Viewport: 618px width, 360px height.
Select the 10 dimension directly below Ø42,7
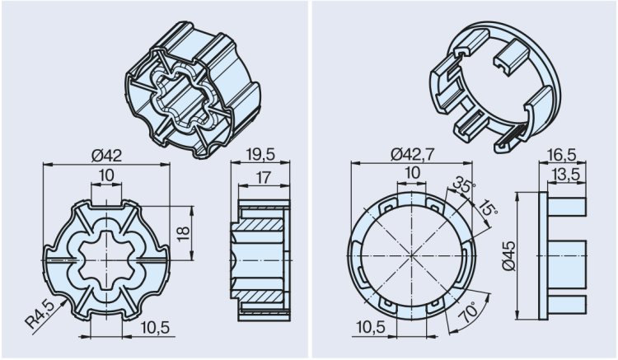coord(410,173)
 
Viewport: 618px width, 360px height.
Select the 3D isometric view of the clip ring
coord(494,82)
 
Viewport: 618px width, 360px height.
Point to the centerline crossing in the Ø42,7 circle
coord(410,255)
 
